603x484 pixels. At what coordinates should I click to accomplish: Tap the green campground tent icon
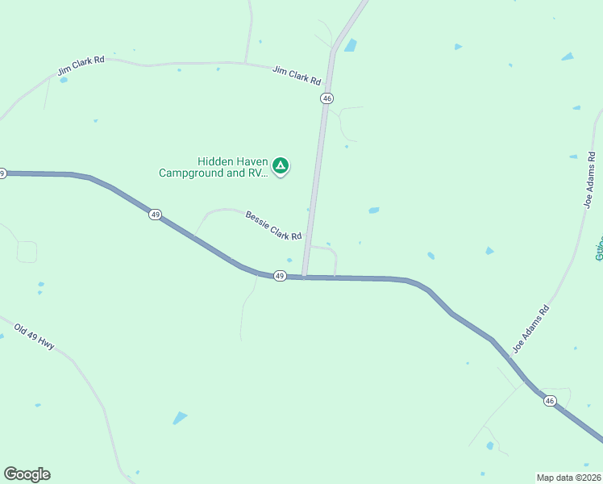pyautogui.click(x=280, y=167)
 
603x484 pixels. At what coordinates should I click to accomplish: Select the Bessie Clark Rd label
pyautogui.click(x=273, y=225)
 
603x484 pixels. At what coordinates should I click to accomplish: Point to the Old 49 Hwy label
pyautogui.click(x=35, y=336)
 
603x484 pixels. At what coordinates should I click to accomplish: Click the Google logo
pyautogui.click(x=27, y=474)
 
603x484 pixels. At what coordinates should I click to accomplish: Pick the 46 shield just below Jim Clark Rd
pyautogui.click(x=326, y=98)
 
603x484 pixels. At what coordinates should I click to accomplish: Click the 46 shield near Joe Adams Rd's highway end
pyautogui.click(x=550, y=401)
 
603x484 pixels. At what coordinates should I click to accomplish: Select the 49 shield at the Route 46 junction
pyautogui.click(x=279, y=276)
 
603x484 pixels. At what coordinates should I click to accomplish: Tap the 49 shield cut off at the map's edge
pyautogui.click(x=2, y=173)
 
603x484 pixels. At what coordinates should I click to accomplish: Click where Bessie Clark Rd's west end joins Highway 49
pyautogui.click(x=193, y=235)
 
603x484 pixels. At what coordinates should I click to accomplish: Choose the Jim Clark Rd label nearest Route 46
pyautogui.click(x=297, y=76)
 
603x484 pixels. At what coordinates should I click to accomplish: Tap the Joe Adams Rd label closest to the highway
pyautogui.click(x=531, y=329)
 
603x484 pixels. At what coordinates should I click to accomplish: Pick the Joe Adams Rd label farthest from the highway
pyautogui.click(x=591, y=181)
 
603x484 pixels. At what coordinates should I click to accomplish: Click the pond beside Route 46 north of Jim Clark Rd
pyautogui.click(x=351, y=45)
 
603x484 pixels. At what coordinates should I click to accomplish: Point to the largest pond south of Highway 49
pyautogui.click(x=179, y=418)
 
